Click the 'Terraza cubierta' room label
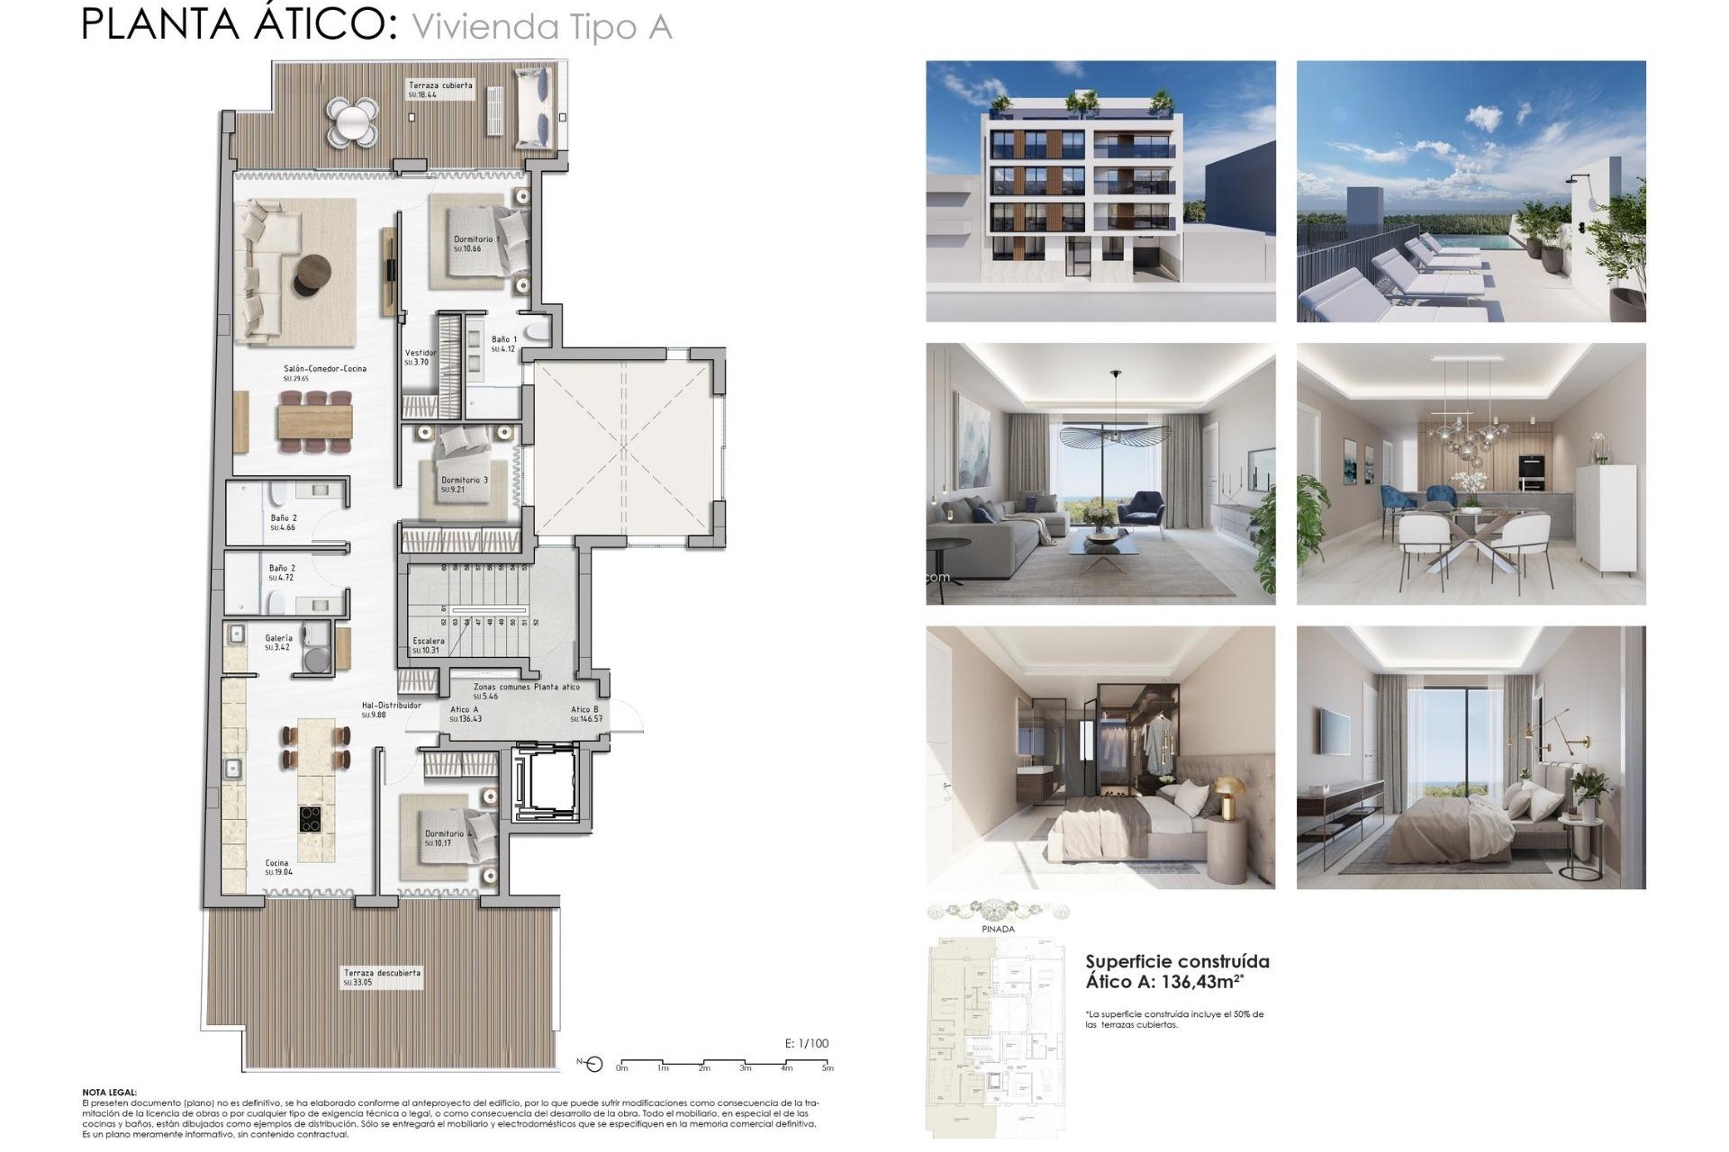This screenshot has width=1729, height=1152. pyautogui.click(x=440, y=85)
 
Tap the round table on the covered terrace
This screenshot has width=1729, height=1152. pyautogui.click(x=351, y=119)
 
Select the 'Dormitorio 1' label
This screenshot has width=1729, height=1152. pyautogui.click(x=475, y=240)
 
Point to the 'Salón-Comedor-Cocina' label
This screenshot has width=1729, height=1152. pyautogui.click(x=324, y=369)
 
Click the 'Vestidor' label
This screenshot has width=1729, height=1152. pyautogui.click(x=420, y=354)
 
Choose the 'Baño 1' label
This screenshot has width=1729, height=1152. pyautogui.click(x=503, y=340)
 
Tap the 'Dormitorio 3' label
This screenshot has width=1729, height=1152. pyautogui.click(x=464, y=481)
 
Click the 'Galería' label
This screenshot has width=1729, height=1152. pyautogui.click(x=278, y=639)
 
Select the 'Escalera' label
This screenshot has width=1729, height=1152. pyautogui.click(x=429, y=642)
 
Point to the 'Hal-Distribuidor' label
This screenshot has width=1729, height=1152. pyautogui.click(x=391, y=706)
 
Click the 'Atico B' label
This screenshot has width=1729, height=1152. pyautogui.click(x=584, y=710)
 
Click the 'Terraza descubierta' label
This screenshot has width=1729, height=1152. pyautogui.click(x=382, y=974)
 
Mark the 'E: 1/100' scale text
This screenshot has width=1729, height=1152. pyautogui.click(x=807, y=1044)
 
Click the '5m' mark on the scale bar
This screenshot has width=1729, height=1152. pyautogui.click(x=828, y=1068)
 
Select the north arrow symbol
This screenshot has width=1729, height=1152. pyautogui.click(x=592, y=1066)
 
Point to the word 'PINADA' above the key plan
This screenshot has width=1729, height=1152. pyautogui.click(x=998, y=930)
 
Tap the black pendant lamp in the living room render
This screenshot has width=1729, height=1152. pyautogui.click(x=1115, y=435)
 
